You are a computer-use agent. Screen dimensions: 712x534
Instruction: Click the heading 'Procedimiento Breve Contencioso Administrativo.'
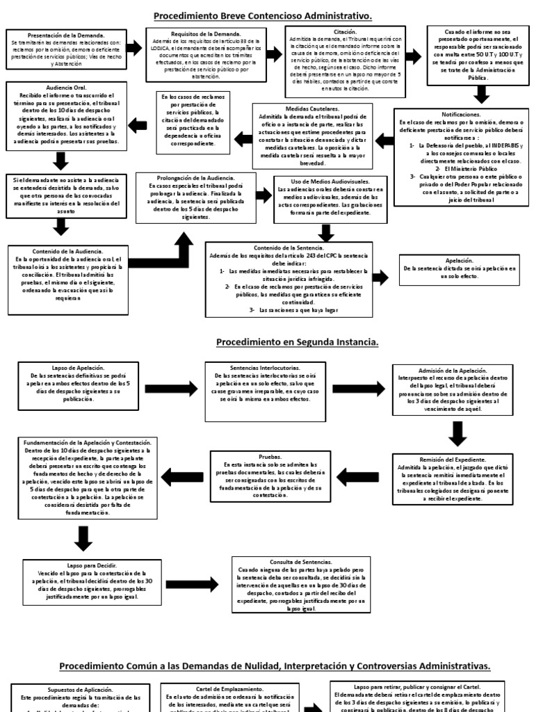pos(267,15)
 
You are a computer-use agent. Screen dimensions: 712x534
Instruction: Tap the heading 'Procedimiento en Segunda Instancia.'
pos(298,342)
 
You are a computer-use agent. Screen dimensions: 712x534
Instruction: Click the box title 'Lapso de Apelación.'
pos(78,367)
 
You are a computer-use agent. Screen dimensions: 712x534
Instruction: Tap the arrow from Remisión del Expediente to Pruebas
pos(364,476)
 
